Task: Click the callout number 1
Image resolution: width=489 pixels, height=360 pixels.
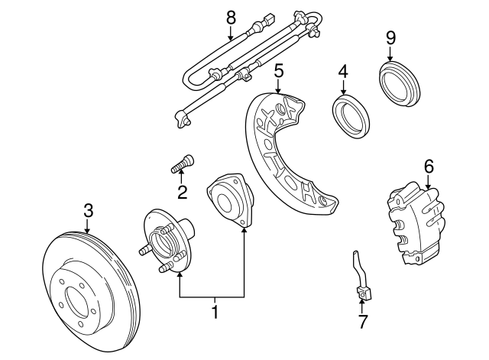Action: [x=215, y=312]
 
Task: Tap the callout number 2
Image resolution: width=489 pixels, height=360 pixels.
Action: [x=182, y=191]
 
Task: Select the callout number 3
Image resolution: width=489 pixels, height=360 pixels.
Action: [x=88, y=209]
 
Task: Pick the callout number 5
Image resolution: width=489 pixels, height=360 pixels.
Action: [x=279, y=71]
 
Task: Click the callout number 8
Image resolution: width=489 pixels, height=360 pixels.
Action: [x=230, y=15]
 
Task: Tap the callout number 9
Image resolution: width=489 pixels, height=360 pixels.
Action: [x=390, y=36]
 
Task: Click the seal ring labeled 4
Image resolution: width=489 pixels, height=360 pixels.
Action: [x=350, y=113]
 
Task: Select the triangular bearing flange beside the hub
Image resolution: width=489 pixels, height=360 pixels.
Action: [x=229, y=200]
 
